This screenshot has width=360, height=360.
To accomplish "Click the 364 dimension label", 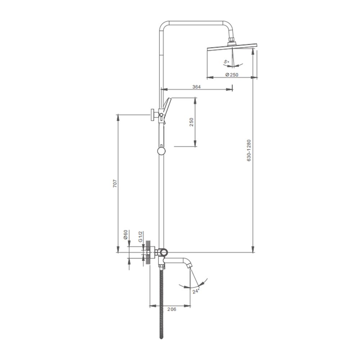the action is point(196,86).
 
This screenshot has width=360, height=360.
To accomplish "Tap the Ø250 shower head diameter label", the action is point(231,75).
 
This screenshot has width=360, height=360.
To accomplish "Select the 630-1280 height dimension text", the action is point(249,150).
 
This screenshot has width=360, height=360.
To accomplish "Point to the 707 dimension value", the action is point(115,184).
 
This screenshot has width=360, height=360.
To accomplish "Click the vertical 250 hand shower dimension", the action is point(192,122).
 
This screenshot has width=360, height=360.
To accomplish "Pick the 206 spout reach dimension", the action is point(172,309).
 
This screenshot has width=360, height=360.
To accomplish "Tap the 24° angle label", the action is point(196,291).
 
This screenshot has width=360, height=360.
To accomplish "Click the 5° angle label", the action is point(226,62).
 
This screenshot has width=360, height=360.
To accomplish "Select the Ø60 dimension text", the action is point(125,234).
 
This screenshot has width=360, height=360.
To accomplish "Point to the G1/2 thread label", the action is point(140,237).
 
